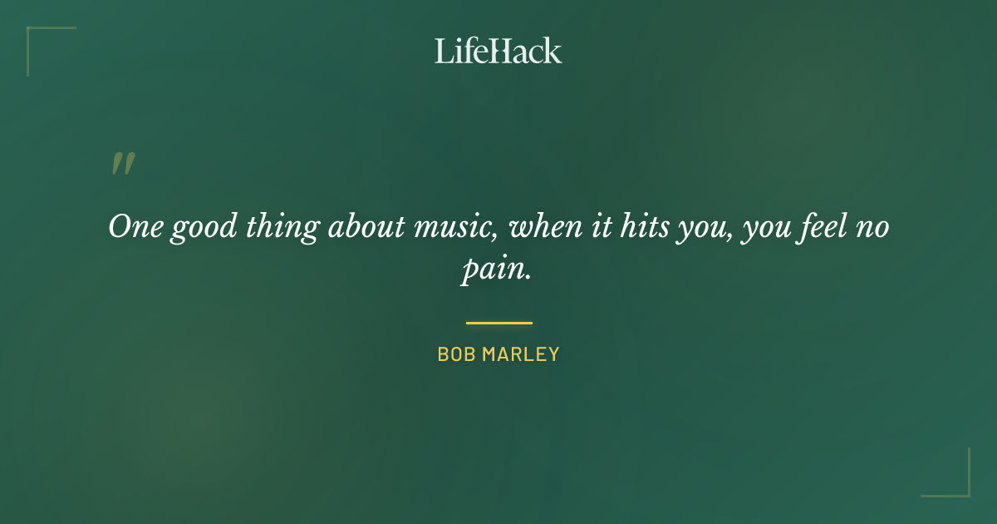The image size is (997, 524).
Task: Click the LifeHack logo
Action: pos(498,51)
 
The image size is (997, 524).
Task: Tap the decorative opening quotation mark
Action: pos(122,164)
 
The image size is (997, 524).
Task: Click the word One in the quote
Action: pos(135,227)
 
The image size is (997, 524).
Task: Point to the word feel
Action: pos(826,227)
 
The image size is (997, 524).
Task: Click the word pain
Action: pos(495,272)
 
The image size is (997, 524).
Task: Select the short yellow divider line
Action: pos(498,323)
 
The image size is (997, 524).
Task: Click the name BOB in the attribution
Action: pos(455,354)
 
